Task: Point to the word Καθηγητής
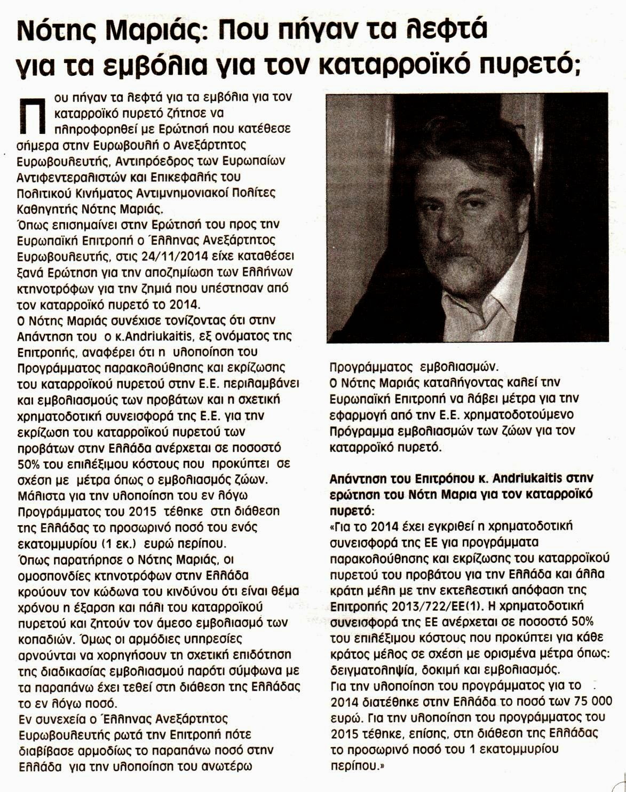[x=46, y=209]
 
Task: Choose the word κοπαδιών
[x=48, y=639]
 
